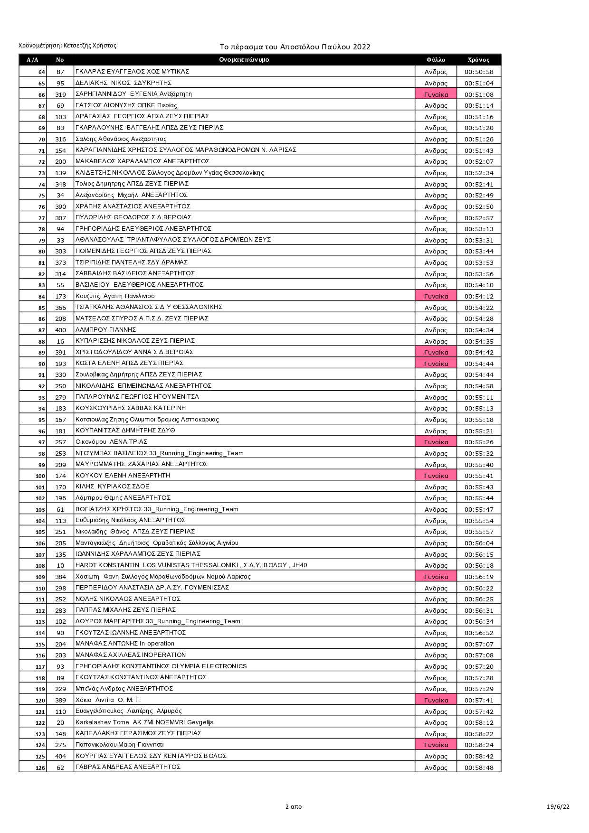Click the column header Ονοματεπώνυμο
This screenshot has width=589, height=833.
tap(244, 60)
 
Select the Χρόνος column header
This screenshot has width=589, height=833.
tap(478, 60)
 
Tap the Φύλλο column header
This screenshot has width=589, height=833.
tap(436, 60)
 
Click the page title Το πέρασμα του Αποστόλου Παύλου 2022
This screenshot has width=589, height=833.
tap(294, 47)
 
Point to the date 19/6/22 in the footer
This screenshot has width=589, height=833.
tap(558, 806)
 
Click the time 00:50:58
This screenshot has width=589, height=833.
tap(479, 72)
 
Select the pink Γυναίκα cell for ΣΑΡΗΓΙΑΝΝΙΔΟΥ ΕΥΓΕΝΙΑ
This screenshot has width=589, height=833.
tap(436, 94)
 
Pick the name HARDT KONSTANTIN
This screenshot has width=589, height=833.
tap(107, 565)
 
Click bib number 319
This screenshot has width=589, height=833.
tap(60, 94)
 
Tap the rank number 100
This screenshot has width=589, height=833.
tap(40, 476)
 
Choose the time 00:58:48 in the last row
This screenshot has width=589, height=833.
tap(479, 767)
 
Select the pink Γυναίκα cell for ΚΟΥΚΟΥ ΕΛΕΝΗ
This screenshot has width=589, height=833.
tap(436, 476)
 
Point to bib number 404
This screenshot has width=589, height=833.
tap(60, 756)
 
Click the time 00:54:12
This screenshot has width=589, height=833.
tap(479, 296)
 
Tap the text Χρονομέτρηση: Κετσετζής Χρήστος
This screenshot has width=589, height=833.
tap(67, 46)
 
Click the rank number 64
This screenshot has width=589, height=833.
tap(41, 72)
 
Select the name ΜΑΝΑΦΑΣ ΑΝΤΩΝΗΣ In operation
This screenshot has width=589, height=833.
tap(125, 644)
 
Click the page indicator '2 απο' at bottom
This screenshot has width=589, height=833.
tap(293, 806)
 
